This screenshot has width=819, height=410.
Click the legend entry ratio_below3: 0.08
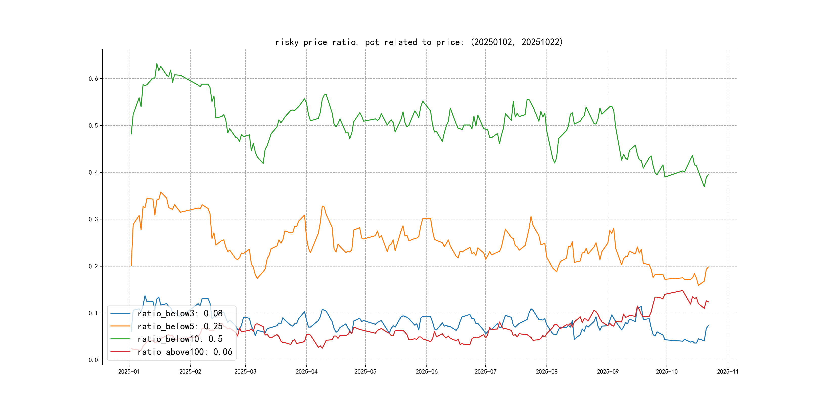[x=180, y=314]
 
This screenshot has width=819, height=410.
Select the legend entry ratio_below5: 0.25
[x=180, y=326]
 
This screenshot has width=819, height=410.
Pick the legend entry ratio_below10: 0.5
[x=180, y=339]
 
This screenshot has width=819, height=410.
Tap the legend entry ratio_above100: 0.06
[x=185, y=352]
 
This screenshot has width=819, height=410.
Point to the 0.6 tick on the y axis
[x=93, y=79]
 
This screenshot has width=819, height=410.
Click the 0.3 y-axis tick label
[x=93, y=219]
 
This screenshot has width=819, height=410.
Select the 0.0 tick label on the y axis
[x=93, y=360]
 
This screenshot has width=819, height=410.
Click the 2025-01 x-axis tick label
[x=129, y=372]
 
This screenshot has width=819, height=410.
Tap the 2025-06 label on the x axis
[x=426, y=372]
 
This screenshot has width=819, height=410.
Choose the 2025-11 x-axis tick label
[x=728, y=372]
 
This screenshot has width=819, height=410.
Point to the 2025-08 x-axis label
[x=547, y=372]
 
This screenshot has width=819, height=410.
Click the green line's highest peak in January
[x=157, y=64]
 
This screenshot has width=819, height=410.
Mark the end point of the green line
[x=708, y=174]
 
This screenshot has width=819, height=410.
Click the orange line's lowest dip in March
[x=257, y=278]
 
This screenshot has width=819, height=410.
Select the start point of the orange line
[x=131, y=266]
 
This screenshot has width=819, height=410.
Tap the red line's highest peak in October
[x=682, y=291]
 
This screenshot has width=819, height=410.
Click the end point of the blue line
[x=708, y=326]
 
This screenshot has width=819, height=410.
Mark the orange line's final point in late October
[x=708, y=267]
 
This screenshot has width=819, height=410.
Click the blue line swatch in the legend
[x=120, y=314]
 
